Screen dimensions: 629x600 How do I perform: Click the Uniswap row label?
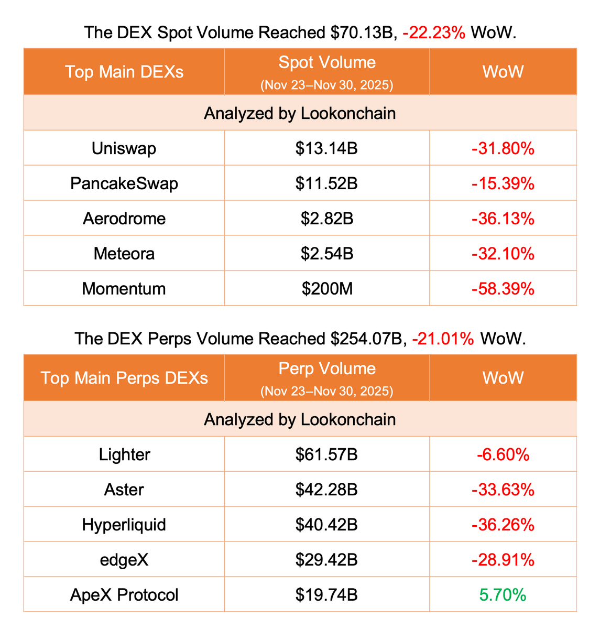point(124,149)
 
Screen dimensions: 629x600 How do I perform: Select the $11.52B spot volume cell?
point(326,184)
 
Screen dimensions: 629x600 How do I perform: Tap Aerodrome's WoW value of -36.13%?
point(503,219)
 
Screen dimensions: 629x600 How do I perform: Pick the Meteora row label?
point(124,254)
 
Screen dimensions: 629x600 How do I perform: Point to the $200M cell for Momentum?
point(326,289)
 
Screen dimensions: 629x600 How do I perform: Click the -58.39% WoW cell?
point(503,289)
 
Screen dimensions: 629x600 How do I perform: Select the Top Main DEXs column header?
point(124,72)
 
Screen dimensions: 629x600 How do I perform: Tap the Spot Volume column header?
point(326,63)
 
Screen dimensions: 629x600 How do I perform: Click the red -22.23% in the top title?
point(434,34)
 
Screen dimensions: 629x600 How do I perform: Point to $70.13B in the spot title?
point(362,34)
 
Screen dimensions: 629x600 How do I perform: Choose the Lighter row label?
point(124,454)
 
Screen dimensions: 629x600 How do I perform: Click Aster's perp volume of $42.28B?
point(326,490)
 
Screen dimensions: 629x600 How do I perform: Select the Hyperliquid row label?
point(124,525)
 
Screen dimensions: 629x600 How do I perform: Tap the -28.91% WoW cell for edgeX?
point(503,560)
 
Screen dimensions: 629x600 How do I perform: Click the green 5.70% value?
point(503,595)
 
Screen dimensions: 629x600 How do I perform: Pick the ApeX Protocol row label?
point(124,595)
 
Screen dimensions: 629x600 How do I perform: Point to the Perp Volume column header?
point(326,369)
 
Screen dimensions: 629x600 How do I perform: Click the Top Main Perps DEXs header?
point(124,378)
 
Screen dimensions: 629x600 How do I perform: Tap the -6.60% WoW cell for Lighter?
point(503,454)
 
